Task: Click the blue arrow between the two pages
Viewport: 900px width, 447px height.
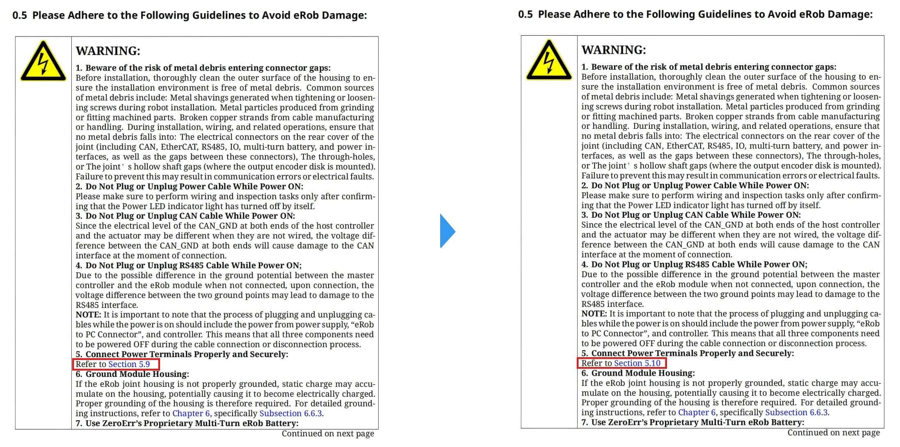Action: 447,231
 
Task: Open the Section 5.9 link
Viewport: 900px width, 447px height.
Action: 129,364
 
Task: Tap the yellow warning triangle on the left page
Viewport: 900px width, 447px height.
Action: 43,62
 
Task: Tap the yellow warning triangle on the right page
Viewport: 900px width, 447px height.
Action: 549,61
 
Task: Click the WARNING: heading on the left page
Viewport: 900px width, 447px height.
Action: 108,51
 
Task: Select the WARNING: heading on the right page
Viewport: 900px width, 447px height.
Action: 614,50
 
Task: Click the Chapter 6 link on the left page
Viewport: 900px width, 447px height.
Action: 191,413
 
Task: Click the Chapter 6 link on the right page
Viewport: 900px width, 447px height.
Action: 697,413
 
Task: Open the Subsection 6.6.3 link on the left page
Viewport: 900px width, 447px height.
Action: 290,413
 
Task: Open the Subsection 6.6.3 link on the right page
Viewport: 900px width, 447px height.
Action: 796,413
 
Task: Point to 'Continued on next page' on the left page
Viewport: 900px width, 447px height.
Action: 328,433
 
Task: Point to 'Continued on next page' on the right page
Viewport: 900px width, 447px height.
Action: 834,433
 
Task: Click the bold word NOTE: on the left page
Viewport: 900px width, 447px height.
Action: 88,315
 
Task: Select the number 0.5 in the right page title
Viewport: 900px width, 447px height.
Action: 525,14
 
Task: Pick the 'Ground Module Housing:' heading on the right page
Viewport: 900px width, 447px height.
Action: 643,373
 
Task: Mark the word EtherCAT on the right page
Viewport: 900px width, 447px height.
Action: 684,146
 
